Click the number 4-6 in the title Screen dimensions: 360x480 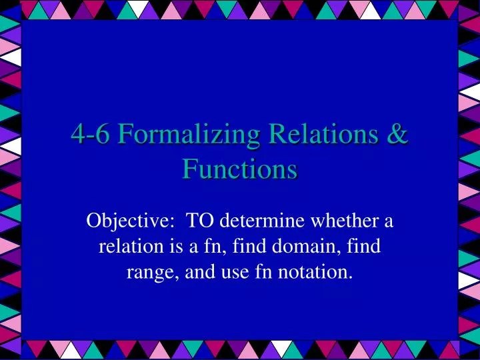click(x=91, y=134)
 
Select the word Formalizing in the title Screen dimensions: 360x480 click(x=187, y=134)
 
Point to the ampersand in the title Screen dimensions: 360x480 click(x=397, y=134)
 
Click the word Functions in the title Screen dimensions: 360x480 click(x=240, y=169)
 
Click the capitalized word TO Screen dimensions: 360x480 click(x=198, y=221)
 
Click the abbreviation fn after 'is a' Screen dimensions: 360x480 click(x=210, y=247)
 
